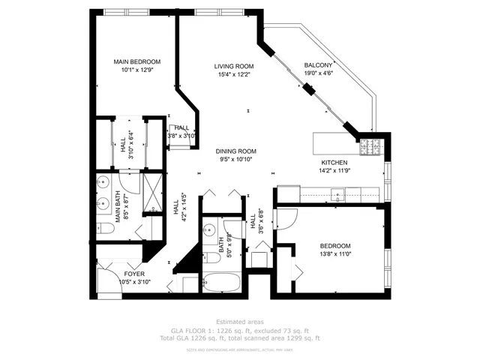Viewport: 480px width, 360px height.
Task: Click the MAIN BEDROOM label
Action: coord(136,62)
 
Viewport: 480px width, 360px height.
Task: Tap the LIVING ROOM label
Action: coord(233,66)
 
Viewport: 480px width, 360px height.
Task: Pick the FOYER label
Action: coord(134,274)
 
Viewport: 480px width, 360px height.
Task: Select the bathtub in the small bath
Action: coord(221,284)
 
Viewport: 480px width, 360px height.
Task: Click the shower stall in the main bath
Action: coord(152,193)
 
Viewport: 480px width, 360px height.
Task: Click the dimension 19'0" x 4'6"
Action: coord(318,73)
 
